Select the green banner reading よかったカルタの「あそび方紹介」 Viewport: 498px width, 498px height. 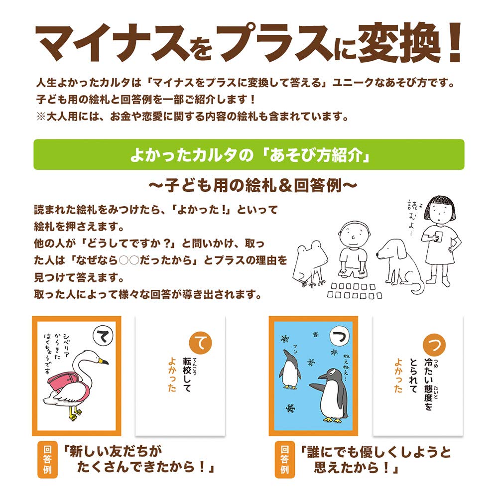tap(249, 154)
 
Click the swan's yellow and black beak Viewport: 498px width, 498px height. tap(103, 361)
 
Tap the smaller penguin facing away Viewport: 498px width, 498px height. tap(289, 369)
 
